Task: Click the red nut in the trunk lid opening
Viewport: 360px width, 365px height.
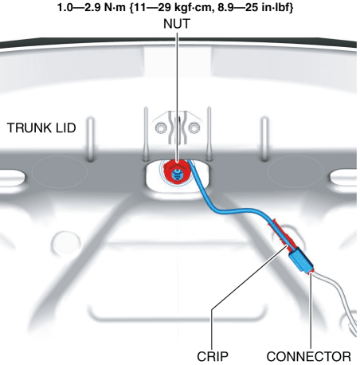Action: [x=176, y=172]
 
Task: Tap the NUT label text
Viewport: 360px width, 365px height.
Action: [x=177, y=24]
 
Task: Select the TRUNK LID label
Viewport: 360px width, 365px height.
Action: [x=41, y=128]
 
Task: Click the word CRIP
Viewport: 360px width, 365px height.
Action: [x=213, y=356]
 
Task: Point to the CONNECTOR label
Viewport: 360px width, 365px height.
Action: [x=308, y=356]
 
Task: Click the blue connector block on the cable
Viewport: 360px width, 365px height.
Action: [x=300, y=260]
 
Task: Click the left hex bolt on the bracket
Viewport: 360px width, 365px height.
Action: [x=161, y=128]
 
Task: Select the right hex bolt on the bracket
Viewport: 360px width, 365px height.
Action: [x=194, y=128]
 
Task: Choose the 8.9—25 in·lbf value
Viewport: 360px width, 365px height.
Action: [x=256, y=7]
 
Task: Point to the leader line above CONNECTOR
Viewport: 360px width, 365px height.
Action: [x=311, y=311]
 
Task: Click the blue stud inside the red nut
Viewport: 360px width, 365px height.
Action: [x=176, y=175]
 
